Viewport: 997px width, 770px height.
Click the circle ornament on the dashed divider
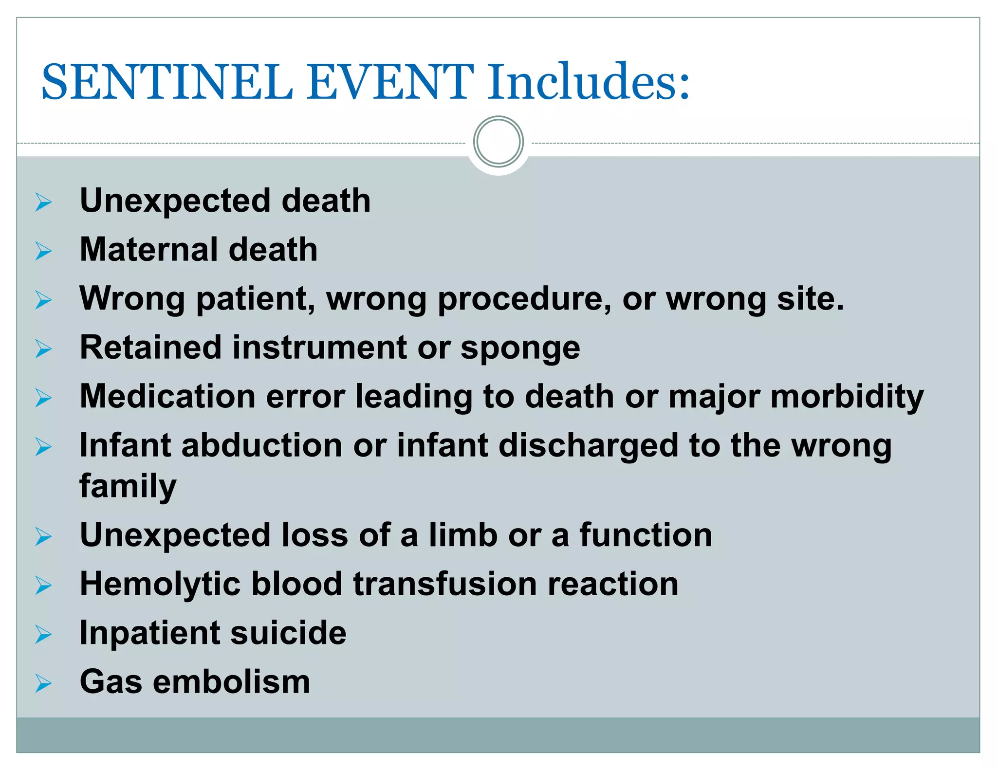(x=498, y=142)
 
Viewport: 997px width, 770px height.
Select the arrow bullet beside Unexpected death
(x=43, y=202)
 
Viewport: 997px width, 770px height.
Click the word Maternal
(x=148, y=249)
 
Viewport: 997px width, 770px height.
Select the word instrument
(x=319, y=348)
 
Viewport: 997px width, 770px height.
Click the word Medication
(x=167, y=396)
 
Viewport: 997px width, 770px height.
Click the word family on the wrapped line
(x=128, y=487)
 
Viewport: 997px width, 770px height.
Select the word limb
(x=462, y=535)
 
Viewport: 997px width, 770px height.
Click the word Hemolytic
(x=160, y=585)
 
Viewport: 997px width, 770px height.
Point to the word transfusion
(x=445, y=584)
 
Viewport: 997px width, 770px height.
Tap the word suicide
(x=288, y=633)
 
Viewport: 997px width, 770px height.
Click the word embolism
(x=231, y=682)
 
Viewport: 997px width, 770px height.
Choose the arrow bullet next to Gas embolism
(x=43, y=683)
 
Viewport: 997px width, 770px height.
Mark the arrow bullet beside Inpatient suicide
(x=43, y=635)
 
